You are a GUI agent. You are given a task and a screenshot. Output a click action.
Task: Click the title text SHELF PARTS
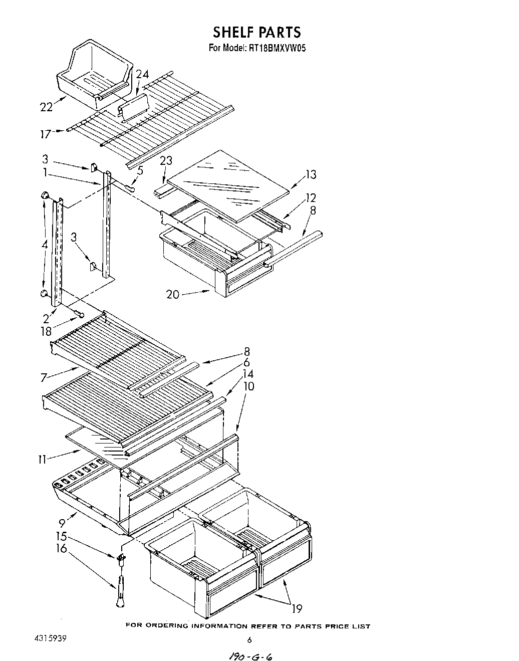256,32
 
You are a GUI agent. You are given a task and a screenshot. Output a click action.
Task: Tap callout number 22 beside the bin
46,106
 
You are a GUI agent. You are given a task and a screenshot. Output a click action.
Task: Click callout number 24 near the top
142,74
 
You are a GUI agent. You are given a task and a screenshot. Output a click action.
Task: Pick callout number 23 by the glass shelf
166,160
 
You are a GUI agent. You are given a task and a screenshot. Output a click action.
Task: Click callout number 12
311,197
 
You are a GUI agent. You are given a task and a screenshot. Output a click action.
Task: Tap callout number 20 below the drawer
173,295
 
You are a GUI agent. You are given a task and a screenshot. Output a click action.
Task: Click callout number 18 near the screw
46,331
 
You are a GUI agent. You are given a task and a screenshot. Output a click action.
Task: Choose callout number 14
247,374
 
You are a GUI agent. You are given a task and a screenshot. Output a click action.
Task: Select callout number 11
43,459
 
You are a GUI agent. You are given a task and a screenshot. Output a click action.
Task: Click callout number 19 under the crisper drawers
297,609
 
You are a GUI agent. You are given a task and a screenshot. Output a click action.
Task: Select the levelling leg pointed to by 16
121,594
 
